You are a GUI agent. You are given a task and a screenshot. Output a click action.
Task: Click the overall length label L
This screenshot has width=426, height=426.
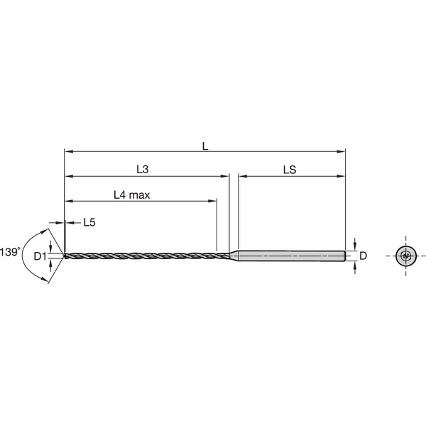click(204, 146)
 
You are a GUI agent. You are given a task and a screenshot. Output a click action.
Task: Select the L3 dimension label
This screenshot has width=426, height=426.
click(143, 170)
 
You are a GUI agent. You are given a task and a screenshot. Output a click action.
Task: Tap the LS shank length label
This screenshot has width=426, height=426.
click(289, 170)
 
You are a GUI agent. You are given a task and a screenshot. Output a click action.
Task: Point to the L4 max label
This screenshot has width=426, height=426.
click(131, 195)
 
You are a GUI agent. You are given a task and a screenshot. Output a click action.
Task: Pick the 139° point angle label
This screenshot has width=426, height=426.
click(9, 251)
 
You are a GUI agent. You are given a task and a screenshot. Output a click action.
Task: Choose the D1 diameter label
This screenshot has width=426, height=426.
click(39, 256)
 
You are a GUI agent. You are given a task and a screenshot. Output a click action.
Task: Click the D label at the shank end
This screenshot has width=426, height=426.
click(362, 256)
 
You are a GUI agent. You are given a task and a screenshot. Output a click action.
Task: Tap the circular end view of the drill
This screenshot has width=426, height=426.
click(405, 256)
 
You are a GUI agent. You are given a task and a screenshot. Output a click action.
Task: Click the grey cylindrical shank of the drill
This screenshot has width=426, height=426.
click(291, 256)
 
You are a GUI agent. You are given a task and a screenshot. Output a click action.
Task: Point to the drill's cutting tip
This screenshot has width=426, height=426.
click(66, 256)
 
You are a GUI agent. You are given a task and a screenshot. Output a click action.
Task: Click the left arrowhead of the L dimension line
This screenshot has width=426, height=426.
click(68, 151)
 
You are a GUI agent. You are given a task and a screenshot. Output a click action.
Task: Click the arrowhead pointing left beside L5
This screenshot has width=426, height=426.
click(69, 222)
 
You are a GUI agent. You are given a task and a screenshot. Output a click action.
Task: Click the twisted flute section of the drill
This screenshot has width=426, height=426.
click(142, 256)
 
